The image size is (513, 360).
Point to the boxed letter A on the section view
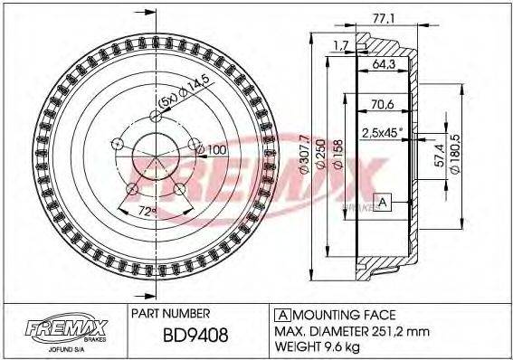384,202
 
